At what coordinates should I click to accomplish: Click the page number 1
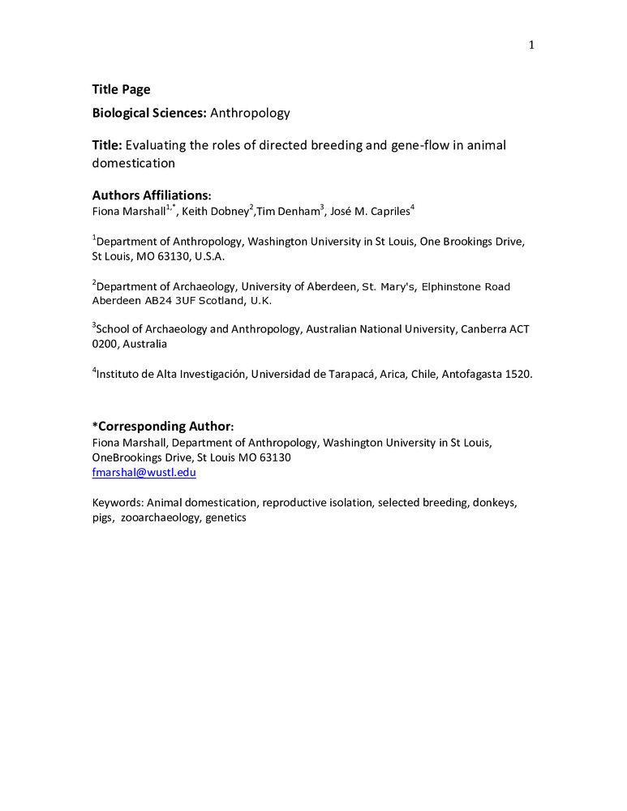pyautogui.click(x=531, y=45)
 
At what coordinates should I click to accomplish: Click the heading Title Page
pyautogui.click(x=121, y=90)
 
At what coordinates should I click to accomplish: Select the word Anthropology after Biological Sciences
pyautogui.click(x=250, y=114)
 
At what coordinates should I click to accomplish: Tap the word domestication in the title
pyautogui.click(x=133, y=162)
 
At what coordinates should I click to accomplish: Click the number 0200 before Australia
pyautogui.click(x=105, y=344)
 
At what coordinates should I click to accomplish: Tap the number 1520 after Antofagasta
pyautogui.click(x=517, y=375)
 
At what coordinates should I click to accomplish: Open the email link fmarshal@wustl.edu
pyautogui.click(x=144, y=472)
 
